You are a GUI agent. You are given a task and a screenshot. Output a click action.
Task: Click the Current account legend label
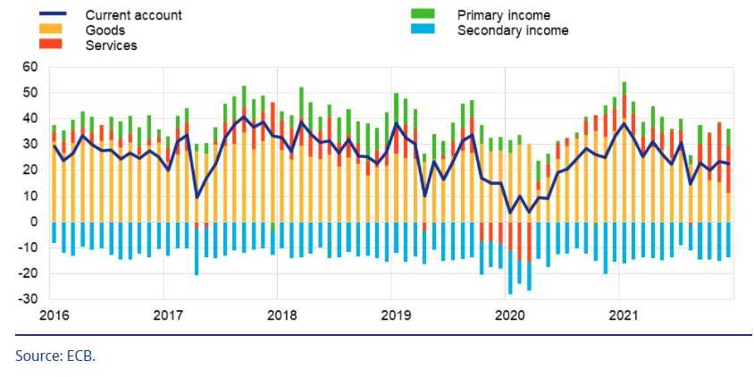click(x=133, y=15)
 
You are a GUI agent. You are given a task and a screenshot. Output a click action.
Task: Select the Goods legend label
click(x=105, y=30)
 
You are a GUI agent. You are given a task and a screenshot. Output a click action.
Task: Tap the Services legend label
click(x=112, y=45)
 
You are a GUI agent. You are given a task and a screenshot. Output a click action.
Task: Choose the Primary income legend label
click(x=503, y=15)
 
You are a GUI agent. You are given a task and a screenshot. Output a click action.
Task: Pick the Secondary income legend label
click(x=512, y=30)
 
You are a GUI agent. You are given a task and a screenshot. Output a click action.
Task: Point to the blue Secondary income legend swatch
click(x=422, y=30)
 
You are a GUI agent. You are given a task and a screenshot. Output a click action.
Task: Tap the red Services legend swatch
click(x=50, y=45)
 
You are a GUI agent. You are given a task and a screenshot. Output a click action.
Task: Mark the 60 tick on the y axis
click(x=29, y=67)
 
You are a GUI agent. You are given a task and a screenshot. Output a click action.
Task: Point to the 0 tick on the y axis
click(x=33, y=222)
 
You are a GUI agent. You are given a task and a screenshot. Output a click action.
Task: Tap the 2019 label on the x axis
click(x=394, y=315)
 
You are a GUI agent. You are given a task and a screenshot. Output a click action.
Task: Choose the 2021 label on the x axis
click(x=622, y=315)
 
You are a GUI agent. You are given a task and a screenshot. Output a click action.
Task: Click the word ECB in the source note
click(x=80, y=356)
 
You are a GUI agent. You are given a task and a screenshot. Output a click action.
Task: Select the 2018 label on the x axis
click(x=282, y=315)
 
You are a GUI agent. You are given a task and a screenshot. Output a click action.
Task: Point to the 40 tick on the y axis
click(x=29, y=119)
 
